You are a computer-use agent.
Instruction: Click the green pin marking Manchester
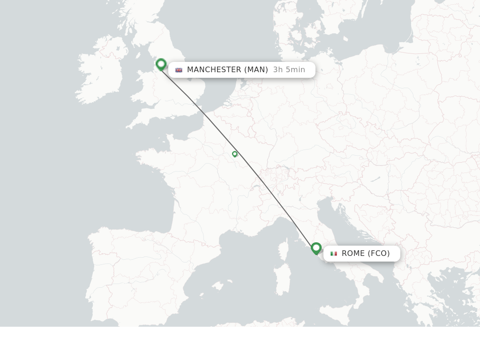161,64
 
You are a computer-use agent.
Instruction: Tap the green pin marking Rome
316,248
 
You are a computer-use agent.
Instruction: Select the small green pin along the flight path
235,154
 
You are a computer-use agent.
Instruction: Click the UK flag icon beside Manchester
179,70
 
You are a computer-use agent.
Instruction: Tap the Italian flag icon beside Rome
334,254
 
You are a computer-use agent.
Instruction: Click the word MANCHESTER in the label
214,70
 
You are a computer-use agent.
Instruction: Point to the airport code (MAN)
256,70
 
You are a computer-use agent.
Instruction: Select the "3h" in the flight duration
278,70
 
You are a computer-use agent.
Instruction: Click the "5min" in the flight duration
296,70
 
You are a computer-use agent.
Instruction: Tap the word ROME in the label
353,254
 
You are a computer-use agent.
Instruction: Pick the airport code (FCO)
379,254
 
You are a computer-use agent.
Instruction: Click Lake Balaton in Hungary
375,179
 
